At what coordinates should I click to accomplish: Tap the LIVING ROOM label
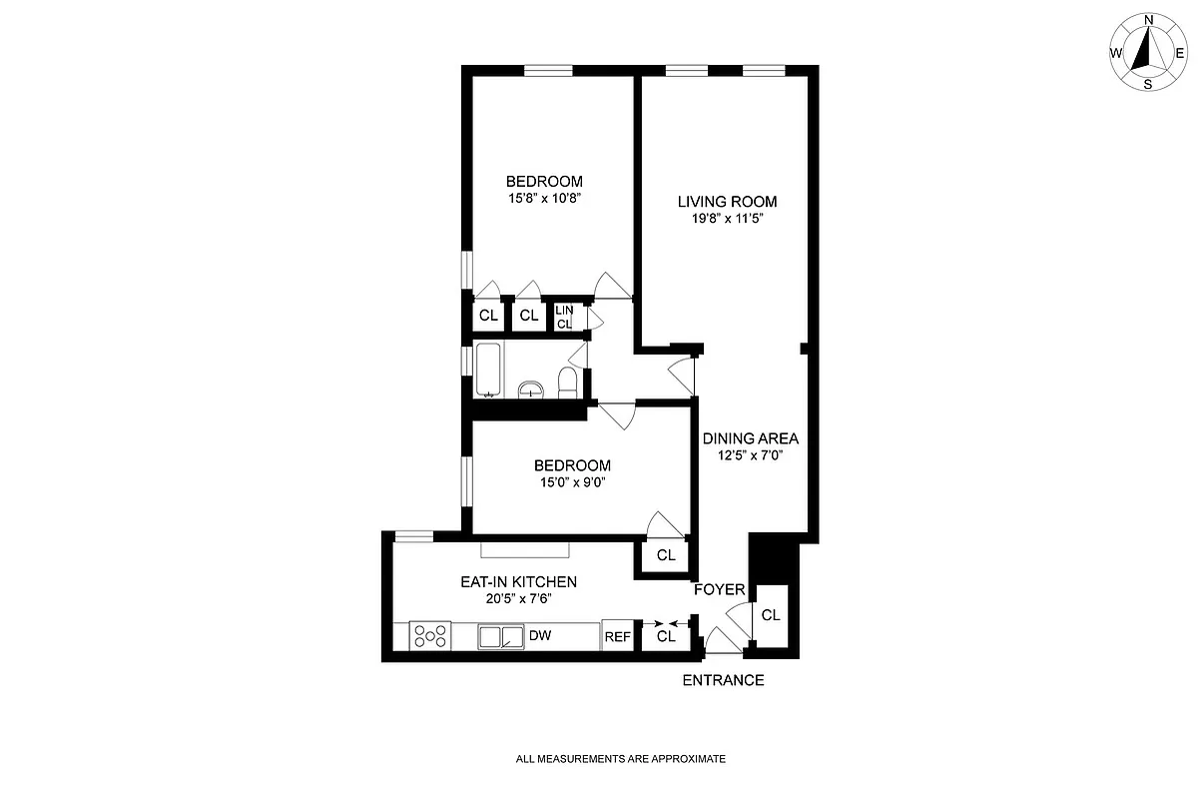(x=726, y=201)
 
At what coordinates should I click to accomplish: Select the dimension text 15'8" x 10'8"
(x=544, y=198)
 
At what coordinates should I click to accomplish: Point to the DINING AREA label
(x=750, y=437)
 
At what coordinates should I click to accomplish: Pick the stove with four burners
(x=430, y=635)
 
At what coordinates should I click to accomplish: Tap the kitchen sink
(x=501, y=636)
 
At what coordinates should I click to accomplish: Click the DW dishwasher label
(x=540, y=635)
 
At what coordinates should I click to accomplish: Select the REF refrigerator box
(x=617, y=636)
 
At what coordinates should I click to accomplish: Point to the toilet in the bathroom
(x=566, y=383)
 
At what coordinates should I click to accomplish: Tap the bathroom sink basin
(x=530, y=390)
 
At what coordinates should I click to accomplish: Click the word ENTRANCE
(x=723, y=680)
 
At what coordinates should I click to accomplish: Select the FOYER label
(x=720, y=590)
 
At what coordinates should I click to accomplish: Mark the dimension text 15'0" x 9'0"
(x=572, y=481)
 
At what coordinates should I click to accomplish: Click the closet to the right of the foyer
(x=771, y=614)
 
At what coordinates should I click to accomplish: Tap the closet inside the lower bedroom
(x=666, y=555)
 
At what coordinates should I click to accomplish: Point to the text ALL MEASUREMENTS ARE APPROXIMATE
(x=620, y=759)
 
